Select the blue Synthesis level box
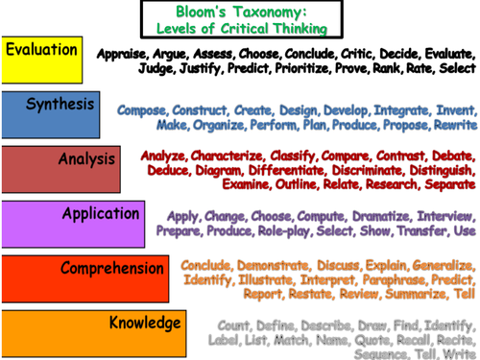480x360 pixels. click(59, 107)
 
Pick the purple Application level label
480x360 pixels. click(100, 213)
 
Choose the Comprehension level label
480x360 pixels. click(112, 269)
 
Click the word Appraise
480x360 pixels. click(123, 55)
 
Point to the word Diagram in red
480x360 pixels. click(209, 169)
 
